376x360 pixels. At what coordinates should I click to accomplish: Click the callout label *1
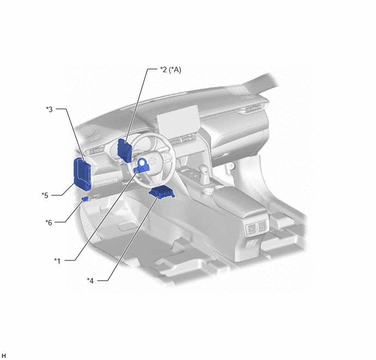[57, 260]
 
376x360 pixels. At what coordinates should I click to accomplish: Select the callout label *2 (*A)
[171, 69]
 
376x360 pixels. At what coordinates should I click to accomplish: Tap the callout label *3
[49, 109]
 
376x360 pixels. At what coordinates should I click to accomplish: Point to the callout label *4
[90, 280]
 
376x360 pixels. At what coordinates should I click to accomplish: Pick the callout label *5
[45, 195]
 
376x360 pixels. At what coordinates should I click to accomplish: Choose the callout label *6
[49, 223]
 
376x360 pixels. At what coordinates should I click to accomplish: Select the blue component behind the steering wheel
[124, 150]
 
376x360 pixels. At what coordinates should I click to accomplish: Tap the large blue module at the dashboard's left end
[82, 174]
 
